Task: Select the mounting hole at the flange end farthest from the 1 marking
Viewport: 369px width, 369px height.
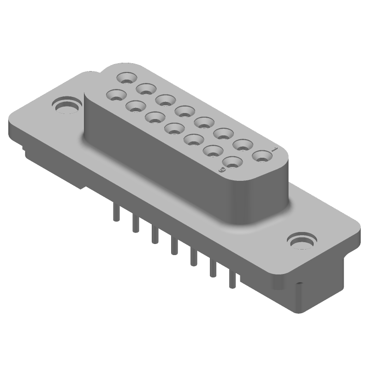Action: click(66, 106)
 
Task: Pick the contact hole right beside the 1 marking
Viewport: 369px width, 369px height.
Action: click(262, 156)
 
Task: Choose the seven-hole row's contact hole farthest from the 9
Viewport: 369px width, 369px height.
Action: click(116, 95)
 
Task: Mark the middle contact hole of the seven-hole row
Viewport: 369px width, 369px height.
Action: click(174, 128)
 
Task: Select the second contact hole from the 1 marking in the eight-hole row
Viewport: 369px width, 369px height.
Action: click(242, 144)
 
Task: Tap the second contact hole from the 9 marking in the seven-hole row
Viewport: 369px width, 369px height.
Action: click(214, 150)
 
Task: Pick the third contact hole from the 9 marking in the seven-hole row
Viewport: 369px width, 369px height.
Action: click(194, 139)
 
